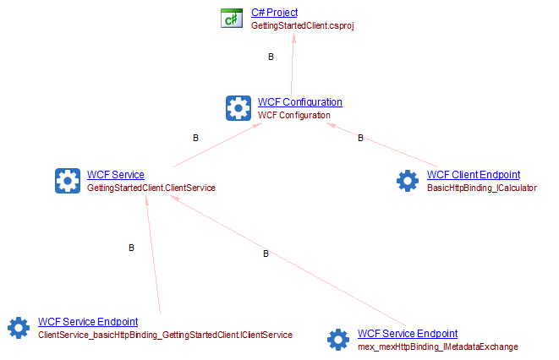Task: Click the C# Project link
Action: pyautogui.click(x=275, y=14)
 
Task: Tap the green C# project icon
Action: pyautogui.click(x=232, y=19)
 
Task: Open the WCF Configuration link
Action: pyautogui.click(x=299, y=102)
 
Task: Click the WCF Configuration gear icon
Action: pyautogui.click(x=238, y=107)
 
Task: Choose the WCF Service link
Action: pyautogui.click(x=115, y=175)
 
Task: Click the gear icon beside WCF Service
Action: pyautogui.click(x=68, y=180)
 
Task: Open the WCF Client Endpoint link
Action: pyautogui.click(x=474, y=175)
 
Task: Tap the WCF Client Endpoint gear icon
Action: pyautogui.click(x=408, y=180)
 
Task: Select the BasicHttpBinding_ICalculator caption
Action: pyautogui.click(x=482, y=187)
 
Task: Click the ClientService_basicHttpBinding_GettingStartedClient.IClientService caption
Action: pyautogui.click(x=165, y=335)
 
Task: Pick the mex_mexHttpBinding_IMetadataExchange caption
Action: pyautogui.click(x=437, y=346)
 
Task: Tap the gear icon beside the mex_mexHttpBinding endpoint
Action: pyautogui.click(x=338, y=340)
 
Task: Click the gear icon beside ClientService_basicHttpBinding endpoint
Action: pyautogui.click(x=19, y=328)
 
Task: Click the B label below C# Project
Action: pyautogui.click(x=271, y=57)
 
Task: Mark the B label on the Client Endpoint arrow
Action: pyautogui.click(x=360, y=138)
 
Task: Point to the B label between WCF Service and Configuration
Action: pyautogui.click(x=195, y=138)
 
